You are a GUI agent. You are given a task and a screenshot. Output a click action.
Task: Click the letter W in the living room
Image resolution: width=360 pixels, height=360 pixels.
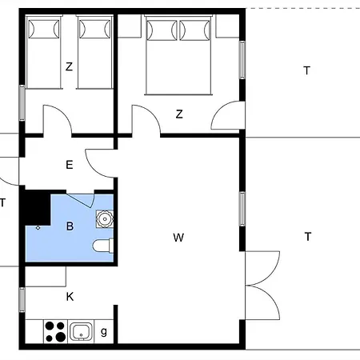(178, 238)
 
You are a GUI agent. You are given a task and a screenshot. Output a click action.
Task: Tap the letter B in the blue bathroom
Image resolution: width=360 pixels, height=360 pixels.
(70, 227)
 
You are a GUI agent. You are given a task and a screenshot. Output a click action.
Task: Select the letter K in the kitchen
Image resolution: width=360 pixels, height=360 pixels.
(70, 297)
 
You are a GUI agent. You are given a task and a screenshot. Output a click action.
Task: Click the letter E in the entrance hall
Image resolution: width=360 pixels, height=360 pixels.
(70, 166)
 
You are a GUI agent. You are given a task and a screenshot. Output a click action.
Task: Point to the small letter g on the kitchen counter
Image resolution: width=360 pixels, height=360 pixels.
(104, 330)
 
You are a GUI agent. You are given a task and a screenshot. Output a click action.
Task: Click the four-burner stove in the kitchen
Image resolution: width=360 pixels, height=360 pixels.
(54, 331)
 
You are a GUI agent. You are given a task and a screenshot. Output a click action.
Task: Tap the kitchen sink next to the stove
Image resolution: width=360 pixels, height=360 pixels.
(81, 331)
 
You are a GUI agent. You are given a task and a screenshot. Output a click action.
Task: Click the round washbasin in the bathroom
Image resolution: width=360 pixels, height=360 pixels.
(104, 218)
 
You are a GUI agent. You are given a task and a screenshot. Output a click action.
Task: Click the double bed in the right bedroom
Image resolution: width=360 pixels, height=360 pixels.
(178, 56)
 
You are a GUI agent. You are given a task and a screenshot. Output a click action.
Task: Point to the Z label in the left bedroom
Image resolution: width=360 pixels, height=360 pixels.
(70, 67)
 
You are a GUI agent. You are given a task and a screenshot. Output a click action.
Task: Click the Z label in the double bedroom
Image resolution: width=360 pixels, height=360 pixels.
(179, 114)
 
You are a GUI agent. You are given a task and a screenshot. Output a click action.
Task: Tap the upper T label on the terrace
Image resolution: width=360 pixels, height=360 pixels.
(306, 71)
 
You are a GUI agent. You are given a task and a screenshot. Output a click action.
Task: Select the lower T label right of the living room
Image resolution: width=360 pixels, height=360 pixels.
(307, 236)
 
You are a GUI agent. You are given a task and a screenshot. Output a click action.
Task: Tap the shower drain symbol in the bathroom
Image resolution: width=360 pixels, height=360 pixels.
(38, 228)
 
